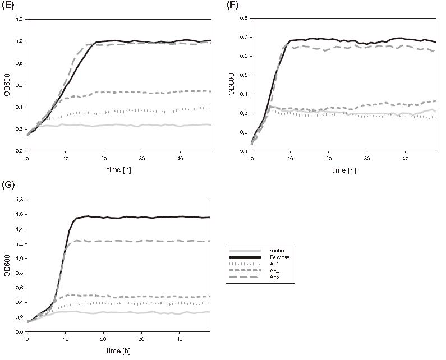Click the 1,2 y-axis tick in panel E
click(20, 19)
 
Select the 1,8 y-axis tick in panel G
click(20, 200)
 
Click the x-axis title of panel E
click(118, 169)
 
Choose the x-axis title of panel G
click(118, 350)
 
